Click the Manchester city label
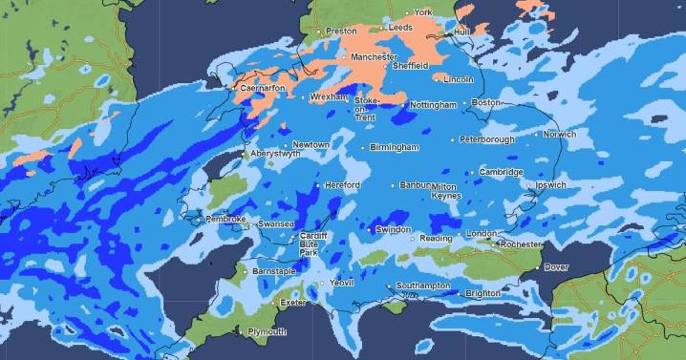pyautogui.click(x=374, y=57)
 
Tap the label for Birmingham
pyautogui.click(x=395, y=148)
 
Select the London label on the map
pyautogui.click(x=482, y=235)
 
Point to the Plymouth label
pyautogui.click(x=267, y=332)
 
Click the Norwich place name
pyautogui.click(x=559, y=135)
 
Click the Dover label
pyautogui.click(x=556, y=267)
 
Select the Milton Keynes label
pyautogui.click(x=444, y=191)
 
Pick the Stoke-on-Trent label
pyautogui.click(x=367, y=107)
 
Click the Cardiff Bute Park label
pyautogui.click(x=313, y=243)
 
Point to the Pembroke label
pyautogui.click(x=226, y=220)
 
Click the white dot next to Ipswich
pyautogui.click(x=530, y=185)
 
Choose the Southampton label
pyautogui.click(x=422, y=286)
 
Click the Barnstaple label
pyautogui.click(x=275, y=272)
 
